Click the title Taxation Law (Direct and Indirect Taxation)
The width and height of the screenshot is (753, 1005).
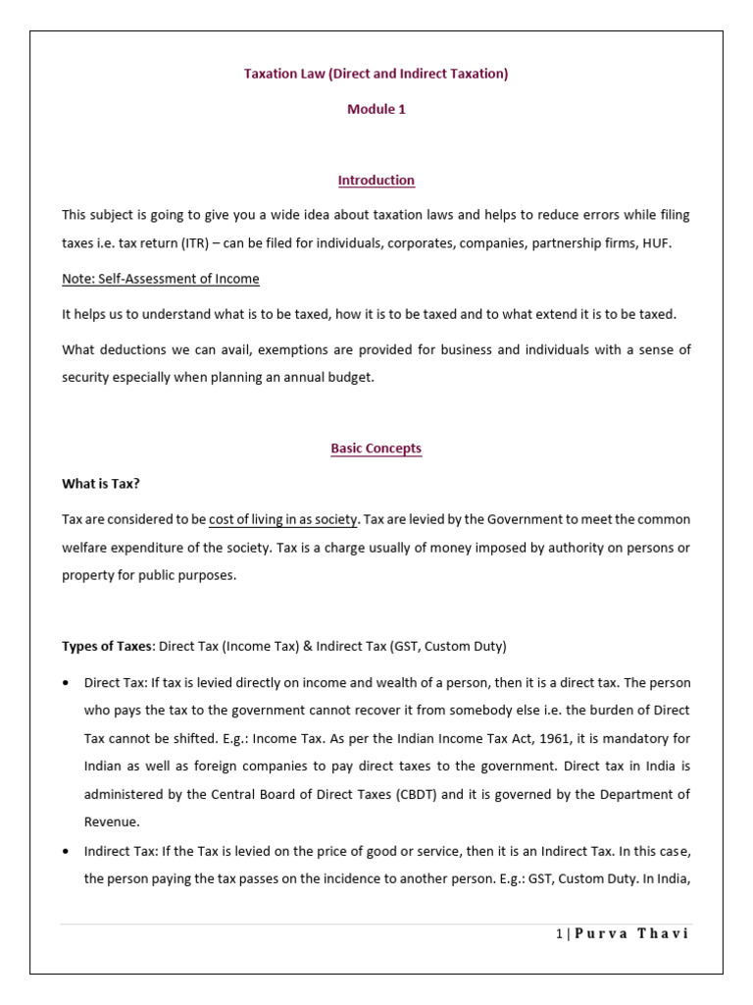point(376,74)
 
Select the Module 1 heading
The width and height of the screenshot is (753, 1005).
point(376,109)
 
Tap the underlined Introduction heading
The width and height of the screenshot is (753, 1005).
point(376,181)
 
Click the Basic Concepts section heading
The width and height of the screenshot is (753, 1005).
point(376,449)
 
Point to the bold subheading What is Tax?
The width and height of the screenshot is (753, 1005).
point(94,484)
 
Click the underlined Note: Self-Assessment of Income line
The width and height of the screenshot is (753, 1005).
point(161,279)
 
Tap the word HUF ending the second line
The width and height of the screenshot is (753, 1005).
point(660,242)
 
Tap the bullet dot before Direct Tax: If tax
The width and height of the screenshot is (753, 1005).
point(66,682)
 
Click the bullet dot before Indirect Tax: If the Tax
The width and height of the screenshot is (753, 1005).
point(66,852)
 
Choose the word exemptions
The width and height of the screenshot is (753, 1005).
point(268,349)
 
